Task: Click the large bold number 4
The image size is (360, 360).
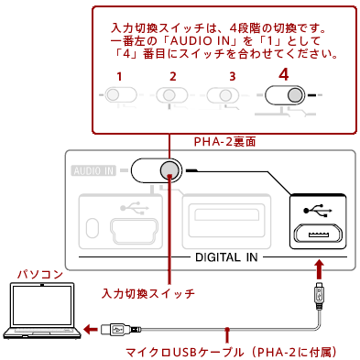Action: click(284, 74)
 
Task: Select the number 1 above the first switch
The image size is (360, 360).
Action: click(119, 76)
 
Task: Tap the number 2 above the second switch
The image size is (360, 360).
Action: click(173, 76)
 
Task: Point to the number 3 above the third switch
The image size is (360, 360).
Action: click(233, 76)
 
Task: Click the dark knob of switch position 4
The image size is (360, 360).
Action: click(295, 95)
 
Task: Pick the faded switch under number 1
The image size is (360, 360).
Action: click(121, 94)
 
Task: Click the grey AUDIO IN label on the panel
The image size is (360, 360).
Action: click(93, 170)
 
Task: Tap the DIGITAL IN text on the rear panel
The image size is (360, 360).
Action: click(226, 257)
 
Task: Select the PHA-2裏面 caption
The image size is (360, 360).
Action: click(224, 142)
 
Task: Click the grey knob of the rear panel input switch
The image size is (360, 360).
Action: click(169, 169)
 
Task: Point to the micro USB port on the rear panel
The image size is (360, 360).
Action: click(318, 235)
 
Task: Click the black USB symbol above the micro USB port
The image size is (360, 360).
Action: click(318, 211)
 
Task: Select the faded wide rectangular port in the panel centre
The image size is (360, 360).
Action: click(226, 222)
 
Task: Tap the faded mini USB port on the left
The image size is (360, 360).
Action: click(135, 231)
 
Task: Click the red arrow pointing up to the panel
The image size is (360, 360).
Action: click(320, 269)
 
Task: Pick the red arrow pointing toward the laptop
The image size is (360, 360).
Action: click(91, 329)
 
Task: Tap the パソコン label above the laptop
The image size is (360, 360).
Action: click(40, 275)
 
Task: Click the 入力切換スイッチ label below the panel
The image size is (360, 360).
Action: click(147, 293)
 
